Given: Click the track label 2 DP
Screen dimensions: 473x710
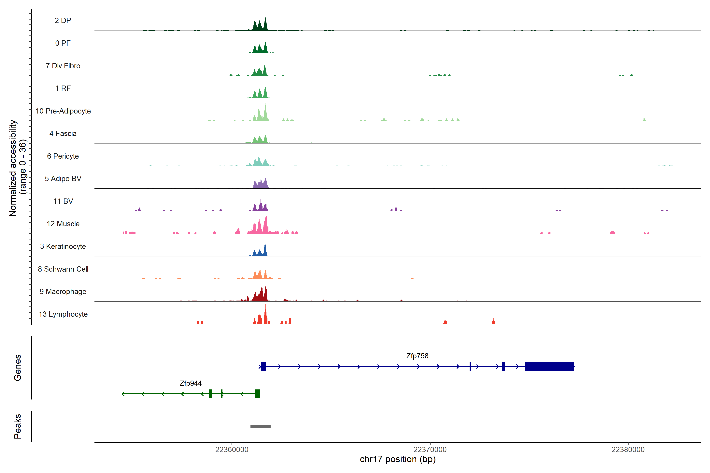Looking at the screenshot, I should coord(63,20).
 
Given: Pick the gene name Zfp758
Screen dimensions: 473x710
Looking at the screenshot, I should coord(417,356).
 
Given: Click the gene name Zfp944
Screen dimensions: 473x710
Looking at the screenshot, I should coord(191,383).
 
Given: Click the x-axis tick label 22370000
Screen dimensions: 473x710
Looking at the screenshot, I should coord(430,450).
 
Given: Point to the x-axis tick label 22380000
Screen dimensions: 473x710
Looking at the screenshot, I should coord(628,450).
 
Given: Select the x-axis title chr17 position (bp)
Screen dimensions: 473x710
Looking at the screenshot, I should coord(398,459).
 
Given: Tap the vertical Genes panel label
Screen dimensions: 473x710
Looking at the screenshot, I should coord(18,368).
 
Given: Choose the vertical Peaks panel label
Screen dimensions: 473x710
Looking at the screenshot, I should coord(18,426).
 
